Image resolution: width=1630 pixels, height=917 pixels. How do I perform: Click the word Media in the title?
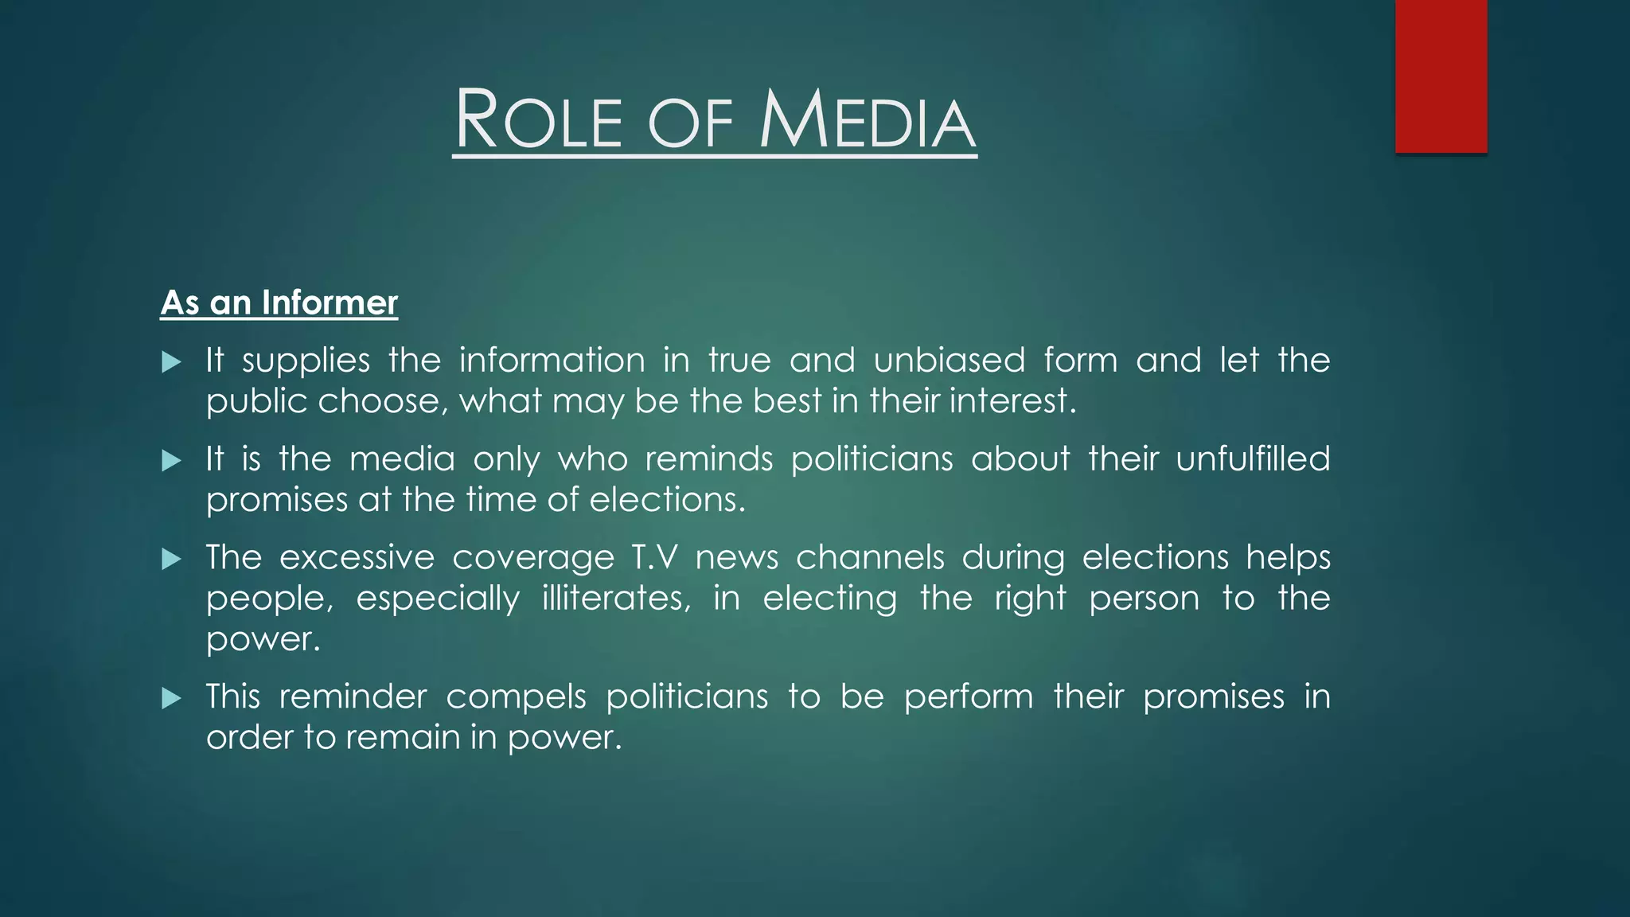[x=868, y=121]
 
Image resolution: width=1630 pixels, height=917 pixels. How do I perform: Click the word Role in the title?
[x=538, y=121]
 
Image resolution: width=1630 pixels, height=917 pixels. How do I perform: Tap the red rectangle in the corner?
[x=1441, y=76]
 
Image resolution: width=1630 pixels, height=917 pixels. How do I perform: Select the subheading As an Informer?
[x=279, y=303]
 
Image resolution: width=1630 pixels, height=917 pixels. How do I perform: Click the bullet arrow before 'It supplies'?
[x=171, y=363]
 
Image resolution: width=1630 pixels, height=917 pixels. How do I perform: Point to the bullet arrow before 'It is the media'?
[x=171, y=461]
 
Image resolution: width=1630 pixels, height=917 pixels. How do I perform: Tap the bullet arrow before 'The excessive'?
[x=171, y=560]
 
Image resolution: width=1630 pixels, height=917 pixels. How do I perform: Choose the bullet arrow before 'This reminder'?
[x=171, y=699]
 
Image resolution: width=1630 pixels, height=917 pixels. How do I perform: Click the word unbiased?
[x=950, y=361]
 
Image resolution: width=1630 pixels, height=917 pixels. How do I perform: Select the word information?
[x=552, y=361]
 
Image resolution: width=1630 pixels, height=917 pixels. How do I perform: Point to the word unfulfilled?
[x=1253, y=459]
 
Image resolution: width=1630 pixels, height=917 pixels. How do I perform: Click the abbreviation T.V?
[x=655, y=557]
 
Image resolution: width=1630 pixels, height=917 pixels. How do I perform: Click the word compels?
[x=516, y=697]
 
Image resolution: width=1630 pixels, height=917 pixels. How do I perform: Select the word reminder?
[x=353, y=697]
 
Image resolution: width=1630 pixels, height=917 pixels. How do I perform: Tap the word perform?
[x=969, y=697]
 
